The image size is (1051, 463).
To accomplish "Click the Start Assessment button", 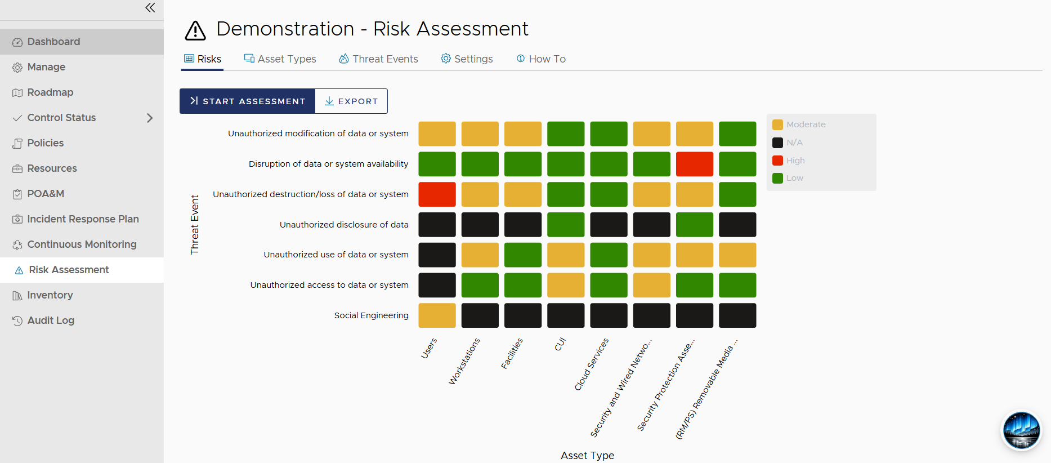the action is point(247,101).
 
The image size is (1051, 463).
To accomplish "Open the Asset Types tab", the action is point(280,59).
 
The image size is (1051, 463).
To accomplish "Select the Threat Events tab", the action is point(378,59).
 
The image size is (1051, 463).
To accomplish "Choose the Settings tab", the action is point(467,59).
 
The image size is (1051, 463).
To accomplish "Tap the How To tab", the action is point(541,59).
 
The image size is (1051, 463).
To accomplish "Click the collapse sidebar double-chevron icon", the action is point(150,8).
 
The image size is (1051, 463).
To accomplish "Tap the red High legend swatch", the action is point(777,161).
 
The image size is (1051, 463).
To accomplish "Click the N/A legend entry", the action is point(788,143).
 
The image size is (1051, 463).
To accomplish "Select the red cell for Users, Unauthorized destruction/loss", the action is point(437,194).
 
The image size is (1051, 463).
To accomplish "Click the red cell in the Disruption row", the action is point(695,164).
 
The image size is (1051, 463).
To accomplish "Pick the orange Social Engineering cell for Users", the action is point(437,315).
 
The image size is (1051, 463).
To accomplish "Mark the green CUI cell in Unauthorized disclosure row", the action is point(566,225).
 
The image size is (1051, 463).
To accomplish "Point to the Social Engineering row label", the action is point(372,315).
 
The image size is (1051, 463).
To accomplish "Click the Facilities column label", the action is point(512,354).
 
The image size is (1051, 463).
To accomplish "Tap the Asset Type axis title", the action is point(587,456).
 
